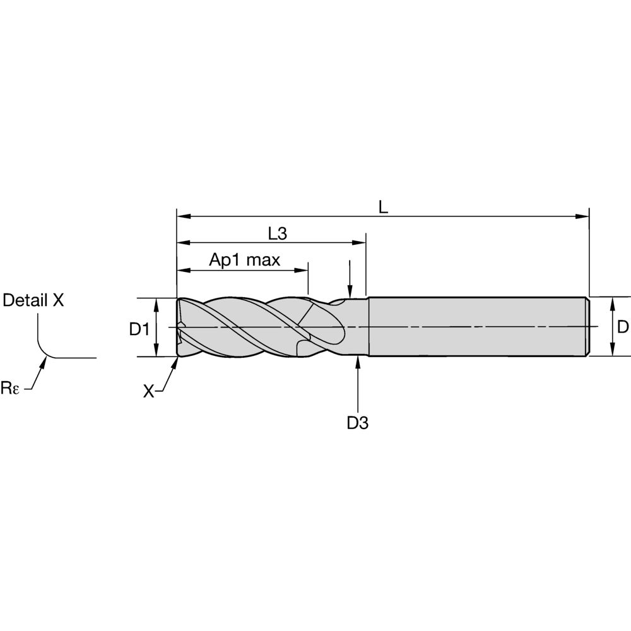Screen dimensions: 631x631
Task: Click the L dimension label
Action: (x=383, y=207)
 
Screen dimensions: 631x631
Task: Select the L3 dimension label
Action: (x=278, y=234)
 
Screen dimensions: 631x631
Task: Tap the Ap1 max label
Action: (x=244, y=260)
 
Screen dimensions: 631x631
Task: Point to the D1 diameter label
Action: (x=139, y=329)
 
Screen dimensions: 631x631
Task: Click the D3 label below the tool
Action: (x=357, y=423)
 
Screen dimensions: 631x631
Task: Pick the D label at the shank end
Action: (x=623, y=327)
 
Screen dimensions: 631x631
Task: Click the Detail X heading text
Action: (x=33, y=300)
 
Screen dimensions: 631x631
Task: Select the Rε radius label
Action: (x=9, y=388)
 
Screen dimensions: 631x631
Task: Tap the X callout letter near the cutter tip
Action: (x=148, y=391)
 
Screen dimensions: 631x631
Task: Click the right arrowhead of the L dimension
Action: (x=582, y=216)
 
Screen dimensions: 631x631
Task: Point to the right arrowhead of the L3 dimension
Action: (x=359, y=243)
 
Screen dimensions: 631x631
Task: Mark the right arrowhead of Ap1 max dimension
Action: (x=302, y=270)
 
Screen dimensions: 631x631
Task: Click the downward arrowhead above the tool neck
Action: (x=350, y=292)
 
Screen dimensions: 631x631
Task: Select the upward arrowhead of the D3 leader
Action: (x=357, y=363)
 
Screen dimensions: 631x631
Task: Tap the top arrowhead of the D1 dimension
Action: (x=157, y=305)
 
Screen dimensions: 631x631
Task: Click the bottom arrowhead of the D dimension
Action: (x=613, y=349)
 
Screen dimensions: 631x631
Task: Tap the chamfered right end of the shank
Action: (x=587, y=327)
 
